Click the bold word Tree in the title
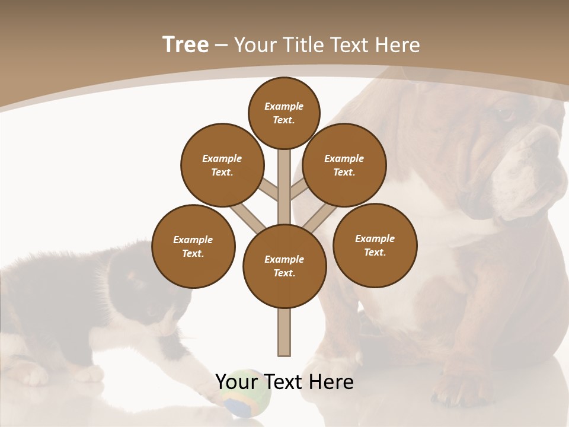(x=186, y=44)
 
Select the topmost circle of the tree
(x=284, y=113)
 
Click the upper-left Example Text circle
(x=222, y=165)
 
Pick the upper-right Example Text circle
(x=344, y=165)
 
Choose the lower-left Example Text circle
(x=193, y=246)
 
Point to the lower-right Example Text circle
(x=375, y=245)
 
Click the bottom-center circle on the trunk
(x=284, y=266)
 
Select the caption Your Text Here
(x=284, y=381)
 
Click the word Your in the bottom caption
(x=236, y=381)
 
